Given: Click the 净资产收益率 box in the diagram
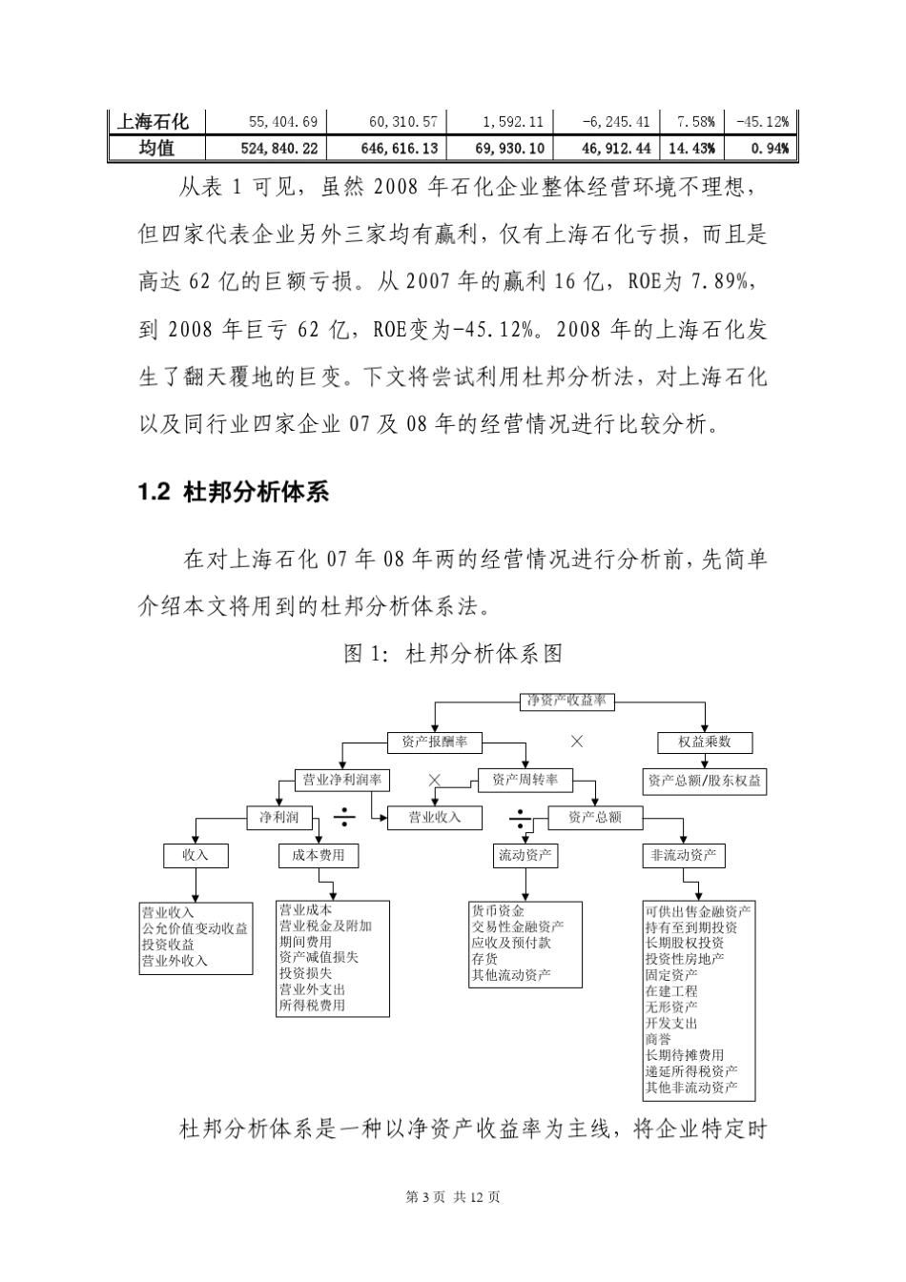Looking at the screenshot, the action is [x=566, y=701].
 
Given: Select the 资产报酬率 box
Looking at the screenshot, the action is [x=434, y=742].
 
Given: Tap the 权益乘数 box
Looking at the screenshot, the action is [x=705, y=742].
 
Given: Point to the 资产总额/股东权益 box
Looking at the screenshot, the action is [x=705, y=781].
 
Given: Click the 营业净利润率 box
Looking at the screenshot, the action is [x=341, y=780].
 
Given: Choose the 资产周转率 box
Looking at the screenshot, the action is [x=525, y=780].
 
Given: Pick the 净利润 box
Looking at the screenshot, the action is [x=278, y=817].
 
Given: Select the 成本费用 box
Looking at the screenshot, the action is [x=319, y=855].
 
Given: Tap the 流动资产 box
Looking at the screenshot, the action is [x=525, y=855].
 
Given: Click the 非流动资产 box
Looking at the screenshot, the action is [x=683, y=855].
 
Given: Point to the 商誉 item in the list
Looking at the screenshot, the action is [x=658, y=1039].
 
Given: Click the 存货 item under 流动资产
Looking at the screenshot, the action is [x=484, y=959].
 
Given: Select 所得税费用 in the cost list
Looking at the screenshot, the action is [x=312, y=1006].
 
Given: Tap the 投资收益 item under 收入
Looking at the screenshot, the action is [x=168, y=945].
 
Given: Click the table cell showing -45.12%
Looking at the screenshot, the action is [x=761, y=122].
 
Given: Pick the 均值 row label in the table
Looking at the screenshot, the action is [x=155, y=148].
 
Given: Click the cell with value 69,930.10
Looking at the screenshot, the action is [x=508, y=148].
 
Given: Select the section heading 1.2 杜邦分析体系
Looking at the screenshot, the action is [x=234, y=492].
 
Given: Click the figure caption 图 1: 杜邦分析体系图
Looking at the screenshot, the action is [x=453, y=654].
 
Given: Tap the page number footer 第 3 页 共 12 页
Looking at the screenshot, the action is [x=453, y=1197].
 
